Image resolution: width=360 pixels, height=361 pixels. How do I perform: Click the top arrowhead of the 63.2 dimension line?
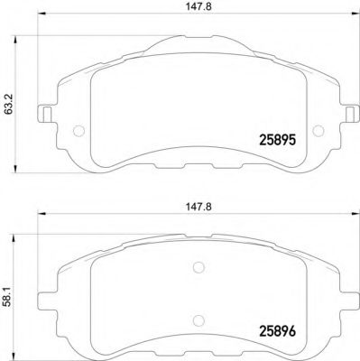point(20,38)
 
